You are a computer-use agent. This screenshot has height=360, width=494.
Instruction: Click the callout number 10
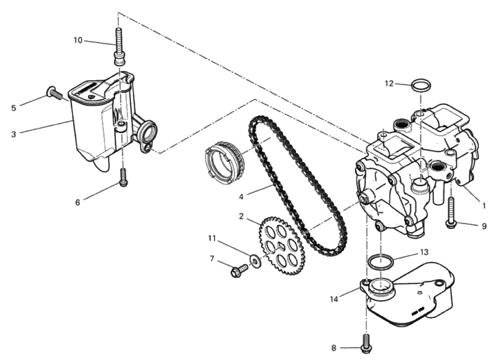[x=78, y=41]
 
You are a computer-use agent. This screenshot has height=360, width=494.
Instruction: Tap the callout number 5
[x=14, y=108]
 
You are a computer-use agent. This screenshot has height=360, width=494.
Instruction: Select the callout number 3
[x=14, y=134]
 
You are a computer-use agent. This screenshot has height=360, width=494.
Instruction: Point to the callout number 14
[x=334, y=299]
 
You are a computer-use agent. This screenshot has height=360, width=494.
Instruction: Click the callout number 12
[x=389, y=83]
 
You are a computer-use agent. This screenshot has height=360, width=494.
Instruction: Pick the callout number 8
[x=334, y=348]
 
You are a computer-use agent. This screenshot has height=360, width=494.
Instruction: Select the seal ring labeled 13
[x=380, y=262]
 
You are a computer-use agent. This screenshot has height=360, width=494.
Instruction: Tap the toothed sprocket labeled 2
[x=282, y=245]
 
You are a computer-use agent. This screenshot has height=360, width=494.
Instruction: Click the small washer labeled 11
[x=255, y=260]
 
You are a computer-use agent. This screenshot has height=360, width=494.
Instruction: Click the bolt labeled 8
[x=366, y=342]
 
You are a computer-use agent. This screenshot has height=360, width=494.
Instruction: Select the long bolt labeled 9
[x=451, y=212]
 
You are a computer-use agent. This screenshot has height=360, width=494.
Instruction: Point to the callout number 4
[x=241, y=197]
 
